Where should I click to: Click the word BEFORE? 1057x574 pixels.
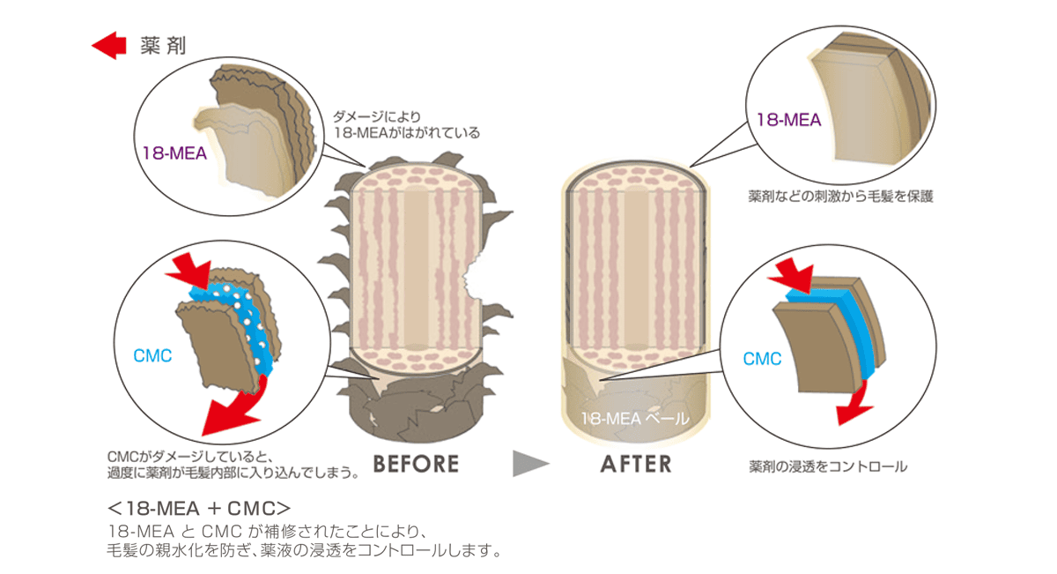pyautogui.click(x=416, y=464)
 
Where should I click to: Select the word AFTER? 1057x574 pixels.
pyautogui.click(x=636, y=464)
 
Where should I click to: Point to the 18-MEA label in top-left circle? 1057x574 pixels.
pyautogui.click(x=174, y=153)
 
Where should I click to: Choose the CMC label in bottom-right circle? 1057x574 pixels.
pyautogui.click(x=762, y=359)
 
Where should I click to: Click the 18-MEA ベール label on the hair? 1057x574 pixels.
pyautogui.click(x=634, y=419)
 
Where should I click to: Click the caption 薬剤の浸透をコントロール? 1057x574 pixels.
pyautogui.click(x=828, y=466)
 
